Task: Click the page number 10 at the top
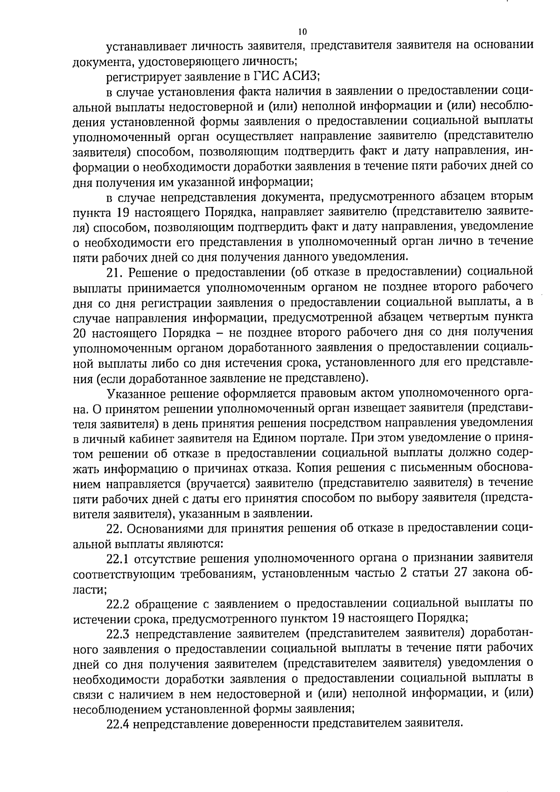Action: pyautogui.click(x=302, y=32)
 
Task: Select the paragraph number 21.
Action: pyautogui.click(x=114, y=272)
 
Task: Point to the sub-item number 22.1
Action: pyautogui.click(x=119, y=558)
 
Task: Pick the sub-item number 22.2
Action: pyautogui.click(x=119, y=603)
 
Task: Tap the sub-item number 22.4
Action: pyautogui.click(x=119, y=723)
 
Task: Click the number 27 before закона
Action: pyautogui.click(x=462, y=573)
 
